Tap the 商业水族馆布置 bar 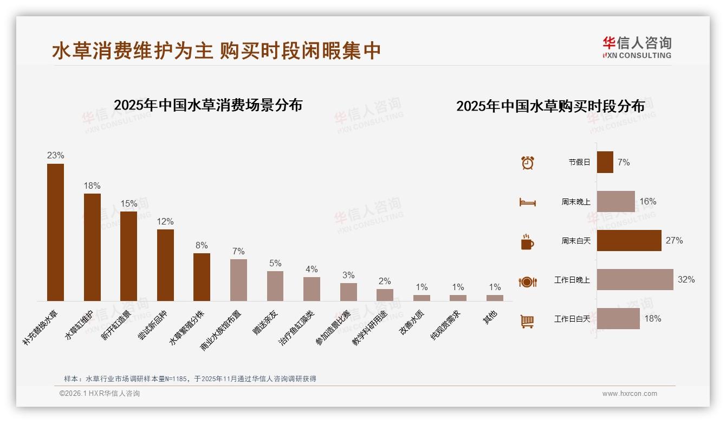(x=238, y=280)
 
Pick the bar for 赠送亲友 (x=275, y=286)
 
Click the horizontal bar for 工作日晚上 (x=635, y=280)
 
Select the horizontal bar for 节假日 (x=605, y=162)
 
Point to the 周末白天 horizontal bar (x=629, y=241)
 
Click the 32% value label (x=686, y=280)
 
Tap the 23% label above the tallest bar (x=55, y=156)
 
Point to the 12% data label (x=165, y=221)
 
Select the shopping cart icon (x=527, y=321)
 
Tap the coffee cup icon (x=527, y=242)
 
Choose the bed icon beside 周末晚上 (x=527, y=202)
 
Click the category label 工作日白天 (x=572, y=319)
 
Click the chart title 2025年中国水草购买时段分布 (x=550, y=106)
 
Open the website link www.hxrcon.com (x=630, y=394)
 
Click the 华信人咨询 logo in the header (x=637, y=47)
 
